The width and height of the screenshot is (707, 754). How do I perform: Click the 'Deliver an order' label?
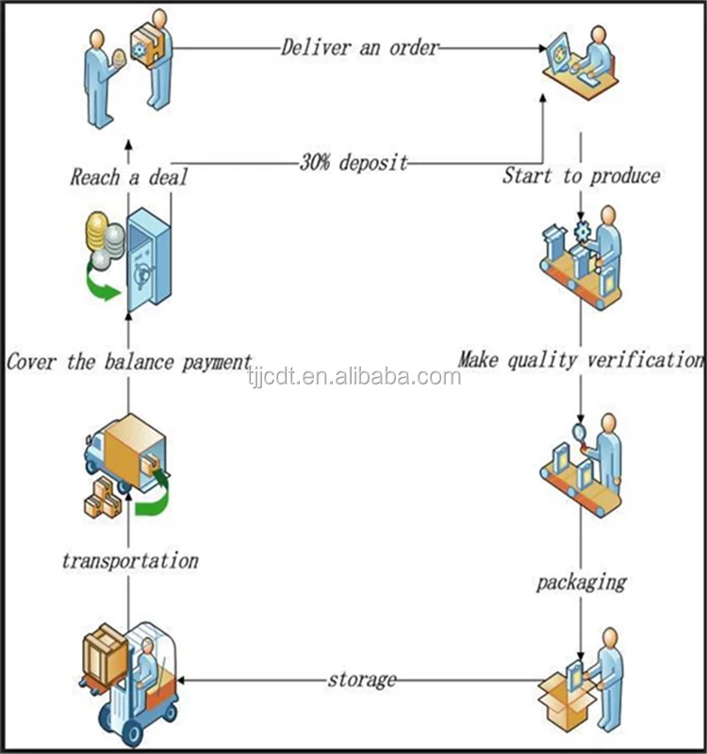[360, 48]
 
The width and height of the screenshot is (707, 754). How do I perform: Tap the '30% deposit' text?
[354, 162]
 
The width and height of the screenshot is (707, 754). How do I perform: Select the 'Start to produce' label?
[582, 175]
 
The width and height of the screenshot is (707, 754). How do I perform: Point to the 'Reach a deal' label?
[129, 177]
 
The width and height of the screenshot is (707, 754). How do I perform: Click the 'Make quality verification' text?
[581, 360]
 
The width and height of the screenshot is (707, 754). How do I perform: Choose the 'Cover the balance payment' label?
[129, 362]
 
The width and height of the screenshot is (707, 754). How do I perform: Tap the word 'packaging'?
[582, 582]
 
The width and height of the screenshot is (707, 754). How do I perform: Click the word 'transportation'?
[130, 561]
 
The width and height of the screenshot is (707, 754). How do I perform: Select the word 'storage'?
[362, 680]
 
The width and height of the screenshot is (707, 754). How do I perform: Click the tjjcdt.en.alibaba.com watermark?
[354, 376]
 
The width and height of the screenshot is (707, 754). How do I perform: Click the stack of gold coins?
[97, 231]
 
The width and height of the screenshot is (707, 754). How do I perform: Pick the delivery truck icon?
[126, 454]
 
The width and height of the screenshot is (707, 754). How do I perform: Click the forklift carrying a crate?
[130, 682]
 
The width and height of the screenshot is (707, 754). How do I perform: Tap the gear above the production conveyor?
[582, 232]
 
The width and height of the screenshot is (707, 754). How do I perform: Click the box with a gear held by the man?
[147, 44]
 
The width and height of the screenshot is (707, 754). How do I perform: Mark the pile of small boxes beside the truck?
[103, 498]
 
